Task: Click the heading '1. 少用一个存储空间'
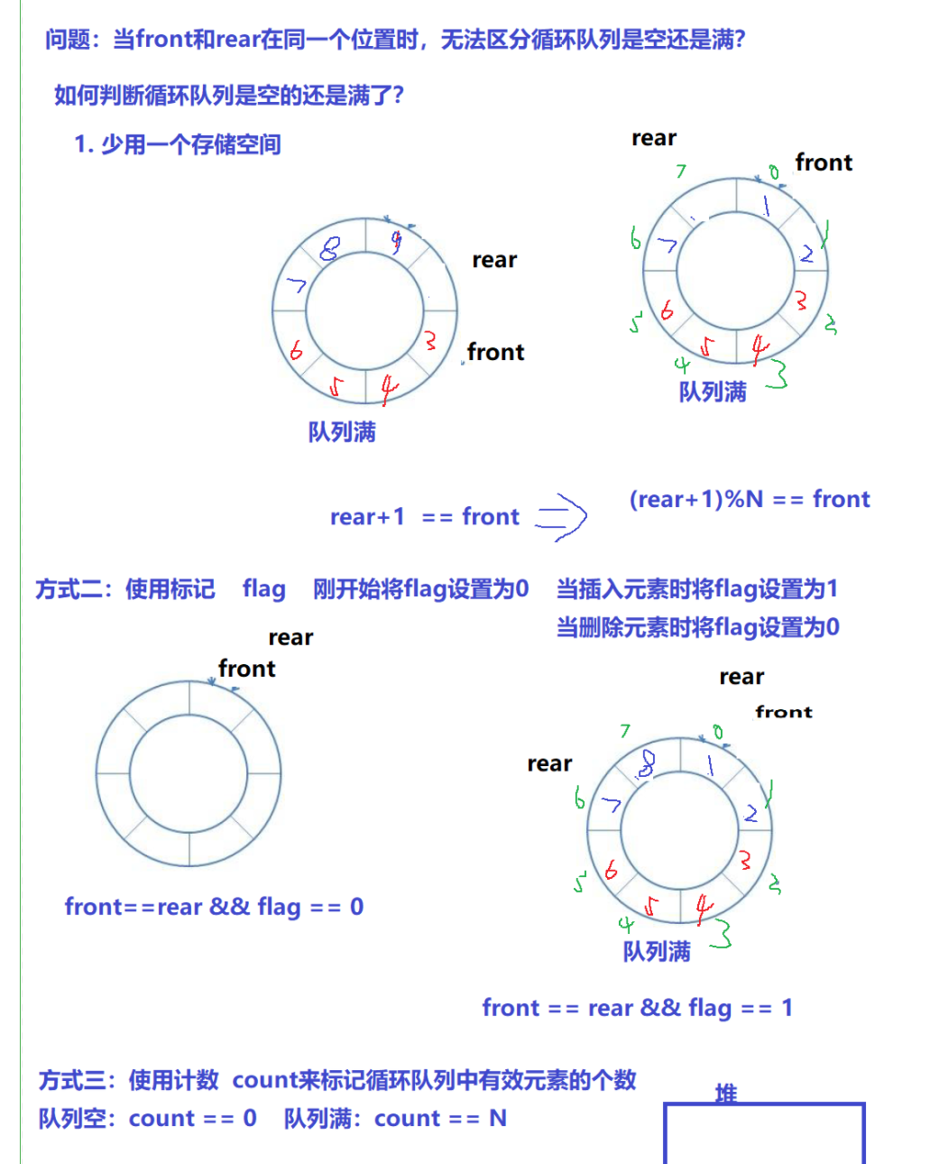[x=178, y=144]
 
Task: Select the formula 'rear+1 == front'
[x=424, y=517]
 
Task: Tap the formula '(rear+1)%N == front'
[x=749, y=499]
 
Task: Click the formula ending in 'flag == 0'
[x=214, y=907]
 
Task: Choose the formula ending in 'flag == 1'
[x=637, y=1008]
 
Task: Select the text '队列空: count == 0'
[x=147, y=1119]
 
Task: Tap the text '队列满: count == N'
[x=395, y=1119]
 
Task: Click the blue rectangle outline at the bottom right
[x=764, y=1133]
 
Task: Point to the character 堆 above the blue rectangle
[x=726, y=1094]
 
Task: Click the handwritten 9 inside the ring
[x=395, y=241]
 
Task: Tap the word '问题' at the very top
[x=68, y=40]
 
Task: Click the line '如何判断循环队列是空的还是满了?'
[x=229, y=95]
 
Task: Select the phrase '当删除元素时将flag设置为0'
[x=697, y=627]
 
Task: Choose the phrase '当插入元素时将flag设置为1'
[x=696, y=589]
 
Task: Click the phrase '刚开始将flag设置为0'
[x=420, y=589]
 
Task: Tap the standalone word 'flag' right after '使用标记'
[x=263, y=589]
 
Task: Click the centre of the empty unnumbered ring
[x=189, y=774]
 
